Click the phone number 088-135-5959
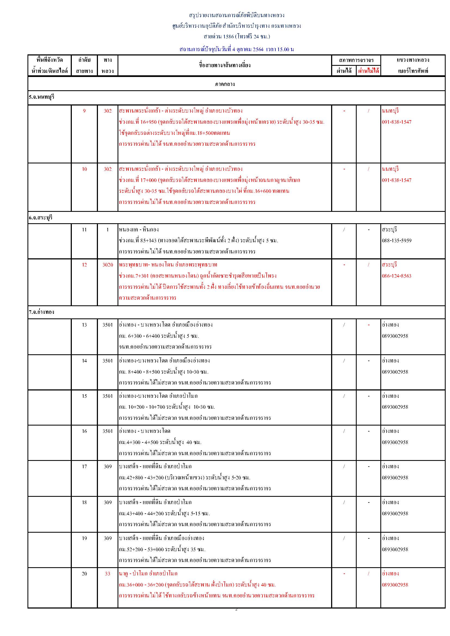tap(396, 240)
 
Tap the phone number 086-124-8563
tap(396, 276)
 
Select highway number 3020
tap(107, 265)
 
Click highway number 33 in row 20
tap(107, 573)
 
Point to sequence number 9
tap(84, 111)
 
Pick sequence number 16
tap(84, 431)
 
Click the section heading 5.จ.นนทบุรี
tap(42, 97)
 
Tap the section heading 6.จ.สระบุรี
tap(41, 218)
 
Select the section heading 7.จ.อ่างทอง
tap(42, 312)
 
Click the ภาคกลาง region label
tap(225, 84)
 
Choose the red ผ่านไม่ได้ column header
tap(368, 71)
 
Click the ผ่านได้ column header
tap(344, 71)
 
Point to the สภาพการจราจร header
tap(356, 60)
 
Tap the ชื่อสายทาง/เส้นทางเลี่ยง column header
tap(225, 65)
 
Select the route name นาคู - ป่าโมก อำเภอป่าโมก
tap(148, 573)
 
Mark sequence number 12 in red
tap(84, 265)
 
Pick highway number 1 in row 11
tap(107, 229)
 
